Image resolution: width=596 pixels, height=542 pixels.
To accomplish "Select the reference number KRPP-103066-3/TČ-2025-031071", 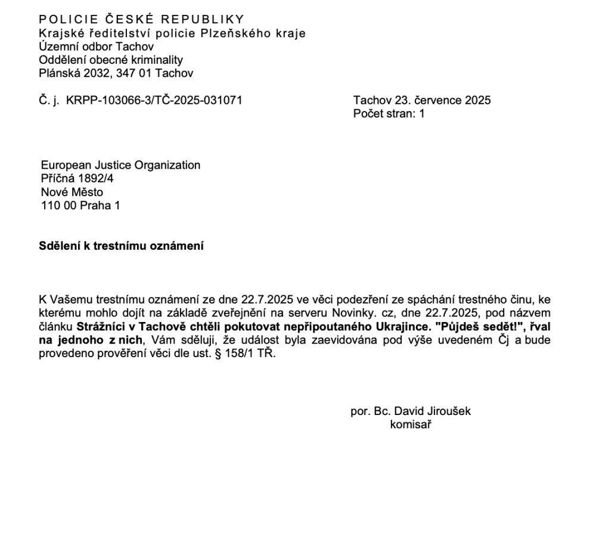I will [154, 100].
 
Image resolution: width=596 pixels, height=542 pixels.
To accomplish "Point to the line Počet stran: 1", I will [389, 113].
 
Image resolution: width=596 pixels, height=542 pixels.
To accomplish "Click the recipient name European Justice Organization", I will [120, 165].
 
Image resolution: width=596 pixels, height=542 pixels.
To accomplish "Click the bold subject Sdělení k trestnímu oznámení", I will [121, 246].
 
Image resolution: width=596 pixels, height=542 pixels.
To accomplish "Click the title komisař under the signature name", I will [411, 425].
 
